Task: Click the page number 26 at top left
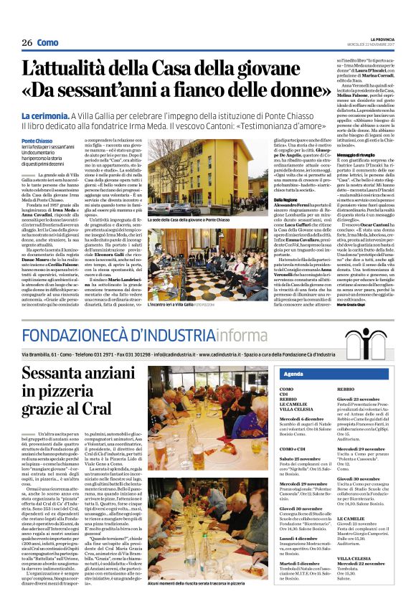pos(27,43)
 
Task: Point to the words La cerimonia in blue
pos(44,115)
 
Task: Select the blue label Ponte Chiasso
pos(37,141)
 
